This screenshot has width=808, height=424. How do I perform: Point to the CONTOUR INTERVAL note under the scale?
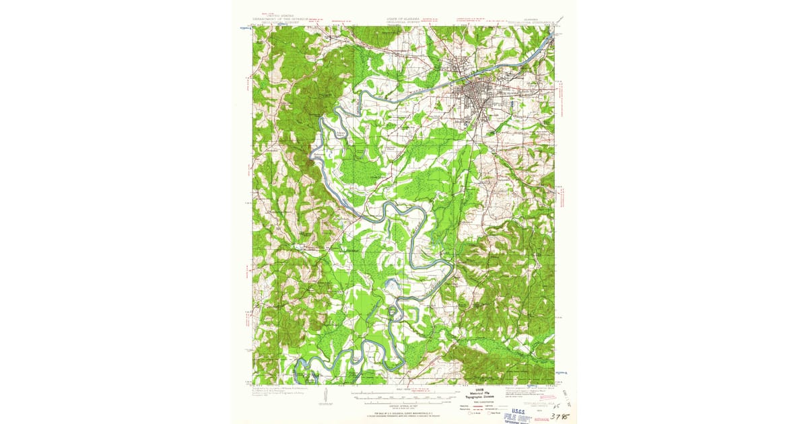coord(403,402)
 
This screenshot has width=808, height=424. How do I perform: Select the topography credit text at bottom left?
coord(275,393)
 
